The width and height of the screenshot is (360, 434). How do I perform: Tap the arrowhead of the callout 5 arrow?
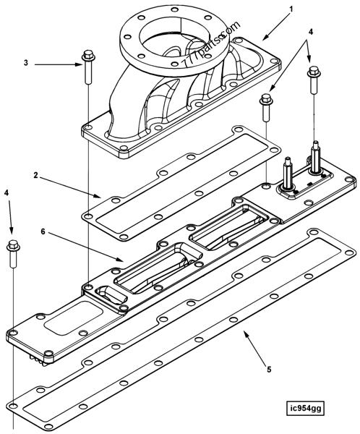(241, 332)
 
